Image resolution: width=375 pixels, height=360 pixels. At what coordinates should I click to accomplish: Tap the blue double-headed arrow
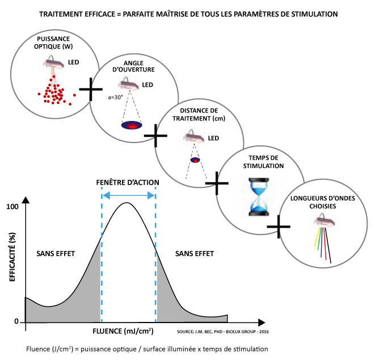click(128, 195)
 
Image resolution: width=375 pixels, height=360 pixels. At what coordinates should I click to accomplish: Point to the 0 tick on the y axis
click(17, 322)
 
